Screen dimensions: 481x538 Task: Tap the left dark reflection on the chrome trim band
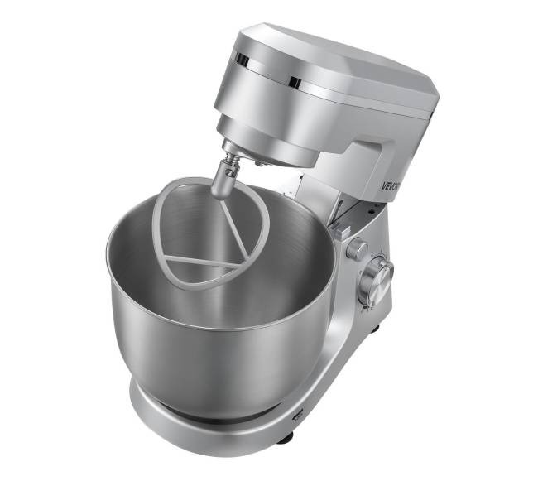pos(241,60)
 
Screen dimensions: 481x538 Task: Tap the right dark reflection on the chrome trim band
pos(295,81)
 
